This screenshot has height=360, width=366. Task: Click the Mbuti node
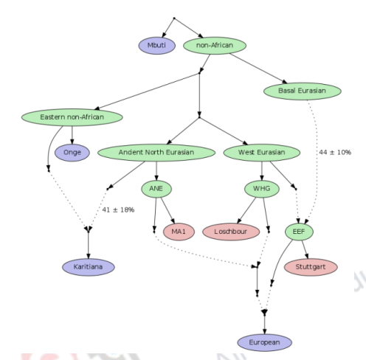156,46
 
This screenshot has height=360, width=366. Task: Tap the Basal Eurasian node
302,91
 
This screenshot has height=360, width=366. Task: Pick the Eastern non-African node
72,117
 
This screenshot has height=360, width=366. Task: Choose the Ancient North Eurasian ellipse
156,153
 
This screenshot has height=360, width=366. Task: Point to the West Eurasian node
261,153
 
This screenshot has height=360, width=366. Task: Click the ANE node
156,189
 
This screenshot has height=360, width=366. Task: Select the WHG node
261,189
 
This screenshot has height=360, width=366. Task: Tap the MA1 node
178,232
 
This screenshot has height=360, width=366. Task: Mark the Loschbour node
231,232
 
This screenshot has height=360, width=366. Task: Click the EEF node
300,232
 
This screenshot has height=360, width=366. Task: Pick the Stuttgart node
316,266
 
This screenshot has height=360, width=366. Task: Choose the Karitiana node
89,266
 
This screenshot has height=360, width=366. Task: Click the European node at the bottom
264,342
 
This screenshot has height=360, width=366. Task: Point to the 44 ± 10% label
335,152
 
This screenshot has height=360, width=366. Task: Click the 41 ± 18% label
117,210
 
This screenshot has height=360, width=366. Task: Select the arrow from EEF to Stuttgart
307,249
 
